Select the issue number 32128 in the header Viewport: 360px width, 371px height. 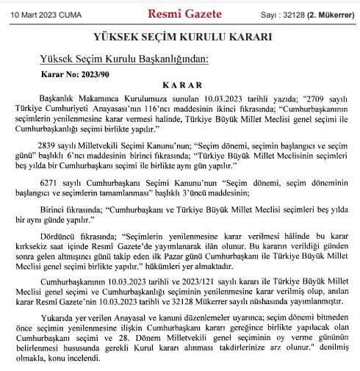[x=293, y=14]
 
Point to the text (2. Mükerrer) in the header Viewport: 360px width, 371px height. [x=330, y=14]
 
